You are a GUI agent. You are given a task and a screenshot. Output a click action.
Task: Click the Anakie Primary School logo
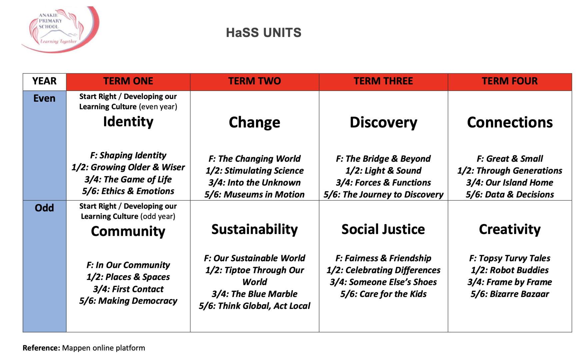pyautogui.click(x=60, y=29)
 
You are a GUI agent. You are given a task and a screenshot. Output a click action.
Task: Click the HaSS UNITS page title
pyautogui.click(x=264, y=33)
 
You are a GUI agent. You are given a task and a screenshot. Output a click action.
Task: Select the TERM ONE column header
pyautogui.click(x=128, y=81)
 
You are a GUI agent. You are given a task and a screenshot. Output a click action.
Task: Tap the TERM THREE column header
pyautogui.click(x=383, y=81)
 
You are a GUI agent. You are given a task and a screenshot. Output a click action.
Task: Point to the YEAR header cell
pyautogui.click(x=44, y=81)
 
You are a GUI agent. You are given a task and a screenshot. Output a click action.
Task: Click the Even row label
pyautogui.click(x=44, y=98)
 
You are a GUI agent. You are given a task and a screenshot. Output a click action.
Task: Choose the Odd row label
pyautogui.click(x=44, y=208)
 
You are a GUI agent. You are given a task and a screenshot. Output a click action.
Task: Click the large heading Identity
pyautogui.click(x=128, y=122)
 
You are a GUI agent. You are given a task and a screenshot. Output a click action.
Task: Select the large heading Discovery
pyautogui.click(x=383, y=122)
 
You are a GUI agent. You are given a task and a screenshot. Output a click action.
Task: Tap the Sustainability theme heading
pyautogui.click(x=255, y=229)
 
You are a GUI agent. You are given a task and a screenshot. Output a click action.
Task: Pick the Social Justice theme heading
pyautogui.click(x=383, y=229)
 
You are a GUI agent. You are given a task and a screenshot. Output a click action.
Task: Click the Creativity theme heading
pyautogui.click(x=510, y=229)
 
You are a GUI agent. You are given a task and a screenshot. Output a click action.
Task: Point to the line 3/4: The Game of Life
pyautogui.click(x=128, y=179)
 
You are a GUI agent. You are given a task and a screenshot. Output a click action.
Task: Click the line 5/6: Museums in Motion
pyautogui.click(x=255, y=194)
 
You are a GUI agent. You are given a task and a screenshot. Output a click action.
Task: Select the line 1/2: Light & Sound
pyautogui.click(x=383, y=171)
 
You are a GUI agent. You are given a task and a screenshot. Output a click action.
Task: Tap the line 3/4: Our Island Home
pyautogui.click(x=510, y=183)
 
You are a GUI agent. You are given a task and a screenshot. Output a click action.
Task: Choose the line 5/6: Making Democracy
pyautogui.click(x=128, y=301)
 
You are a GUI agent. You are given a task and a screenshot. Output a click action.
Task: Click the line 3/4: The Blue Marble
pyautogui.click(x=255, y=294)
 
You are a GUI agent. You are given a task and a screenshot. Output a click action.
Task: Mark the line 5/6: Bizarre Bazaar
pyautogui.click(x=510, y=294)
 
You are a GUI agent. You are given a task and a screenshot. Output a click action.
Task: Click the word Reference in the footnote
pyautogui.click(x=41, y=348)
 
